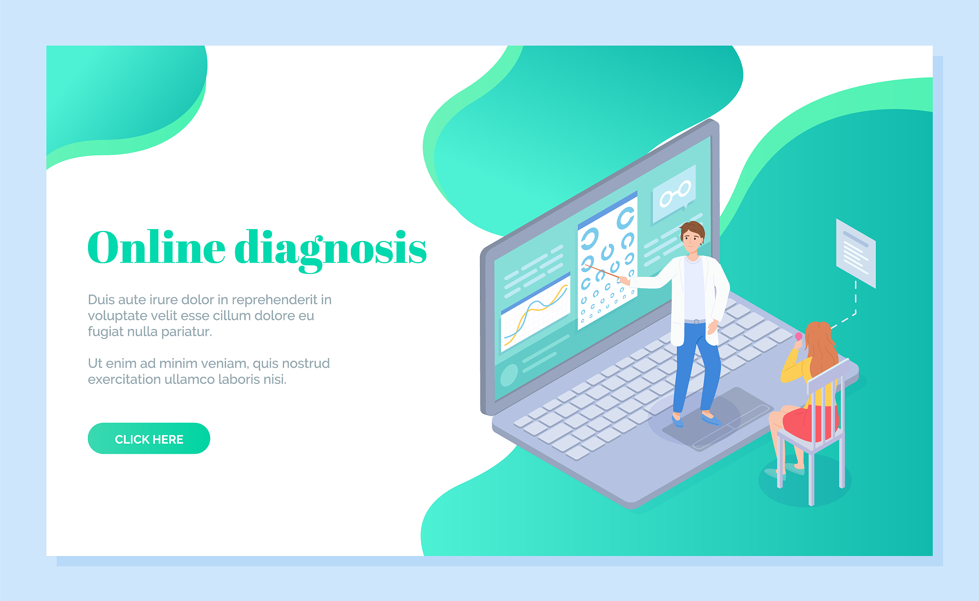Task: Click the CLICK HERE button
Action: tap(149, 438)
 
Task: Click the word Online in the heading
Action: tap(156, 247)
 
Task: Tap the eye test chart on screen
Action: tap(608, 261)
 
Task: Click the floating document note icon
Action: tap(856, 253)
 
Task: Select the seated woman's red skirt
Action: tap(811, 423)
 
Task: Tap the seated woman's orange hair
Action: tap(820, 349)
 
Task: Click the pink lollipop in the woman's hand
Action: tap(798, 336)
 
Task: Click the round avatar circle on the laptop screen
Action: tap(509, 375)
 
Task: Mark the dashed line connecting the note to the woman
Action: tap(850, 306)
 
